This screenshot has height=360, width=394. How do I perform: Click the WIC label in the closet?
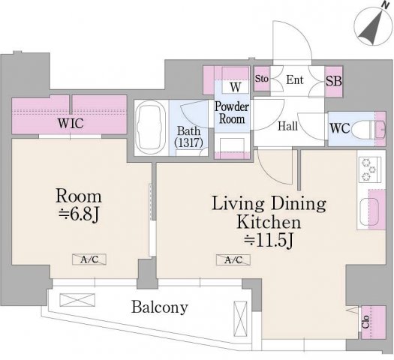(71, 123)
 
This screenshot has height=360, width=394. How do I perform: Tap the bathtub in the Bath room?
(150, 127)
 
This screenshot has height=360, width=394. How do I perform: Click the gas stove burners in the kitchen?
(369, 169)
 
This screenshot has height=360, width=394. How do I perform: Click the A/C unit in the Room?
(89, 259)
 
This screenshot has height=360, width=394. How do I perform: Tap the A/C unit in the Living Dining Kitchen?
(233, 259)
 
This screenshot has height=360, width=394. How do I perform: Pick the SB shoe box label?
(334, 81)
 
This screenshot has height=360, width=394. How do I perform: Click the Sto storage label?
(262, 79)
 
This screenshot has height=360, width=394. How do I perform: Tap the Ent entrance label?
(295, 79)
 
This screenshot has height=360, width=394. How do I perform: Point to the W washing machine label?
(236, 87)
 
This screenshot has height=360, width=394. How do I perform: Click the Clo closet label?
(365, 322)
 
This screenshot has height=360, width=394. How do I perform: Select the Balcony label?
(160, 307)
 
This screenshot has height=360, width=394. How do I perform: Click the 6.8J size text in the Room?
(79, 214)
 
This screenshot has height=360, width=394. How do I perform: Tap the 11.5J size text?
(269, 241)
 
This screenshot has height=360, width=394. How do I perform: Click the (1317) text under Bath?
(188, 142)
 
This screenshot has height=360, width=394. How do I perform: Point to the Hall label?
(287, 126)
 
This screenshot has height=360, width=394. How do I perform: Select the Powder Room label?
(232, 113)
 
